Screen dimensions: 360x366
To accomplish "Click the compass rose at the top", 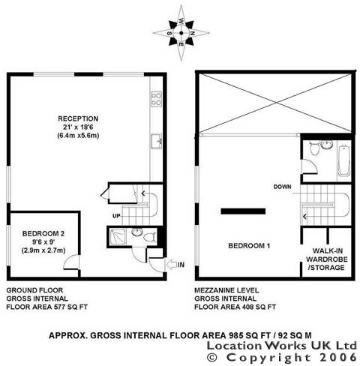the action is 181,33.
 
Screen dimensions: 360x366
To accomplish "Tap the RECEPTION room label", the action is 78,118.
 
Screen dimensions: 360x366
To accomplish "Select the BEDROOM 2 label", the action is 43,233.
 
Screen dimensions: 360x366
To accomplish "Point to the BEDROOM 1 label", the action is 249,246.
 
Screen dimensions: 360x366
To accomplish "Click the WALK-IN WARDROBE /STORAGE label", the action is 326,259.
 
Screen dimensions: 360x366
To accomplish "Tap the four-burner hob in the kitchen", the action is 156,99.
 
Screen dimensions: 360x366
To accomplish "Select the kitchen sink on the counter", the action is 156,141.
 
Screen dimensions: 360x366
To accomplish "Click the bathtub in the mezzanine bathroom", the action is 344,161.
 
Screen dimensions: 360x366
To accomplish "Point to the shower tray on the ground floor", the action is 117,236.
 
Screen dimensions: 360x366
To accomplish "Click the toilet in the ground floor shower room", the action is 150,237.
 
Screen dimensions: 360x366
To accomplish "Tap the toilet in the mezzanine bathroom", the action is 314,148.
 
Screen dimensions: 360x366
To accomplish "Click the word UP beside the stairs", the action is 116,216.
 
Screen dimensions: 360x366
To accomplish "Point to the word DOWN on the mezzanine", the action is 282,187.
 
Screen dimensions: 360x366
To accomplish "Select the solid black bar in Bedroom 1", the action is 243,211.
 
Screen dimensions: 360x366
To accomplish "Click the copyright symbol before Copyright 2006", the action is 213,358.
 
